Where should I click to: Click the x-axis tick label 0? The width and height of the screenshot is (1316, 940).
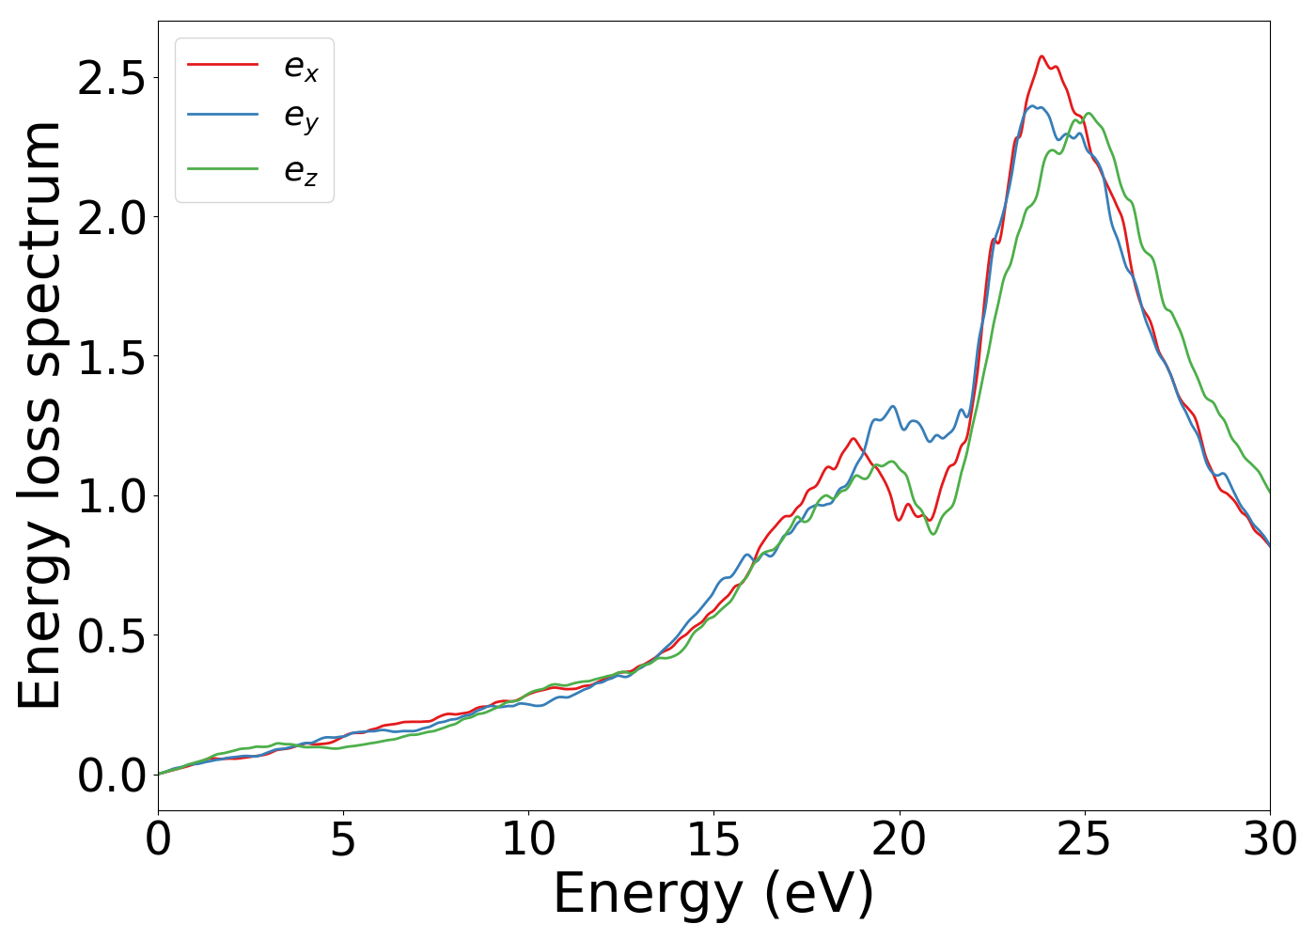click(x=158, y=838)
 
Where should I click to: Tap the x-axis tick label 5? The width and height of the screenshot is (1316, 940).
click(x=343, y=838)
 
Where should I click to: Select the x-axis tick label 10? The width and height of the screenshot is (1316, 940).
click(x=528, y=838)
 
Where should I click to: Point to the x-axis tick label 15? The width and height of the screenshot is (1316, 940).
click(x=713, y=838)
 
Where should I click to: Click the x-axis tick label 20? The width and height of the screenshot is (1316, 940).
click(x=900, y=838)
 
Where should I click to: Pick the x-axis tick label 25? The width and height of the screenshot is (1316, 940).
click(x=1085, y=838)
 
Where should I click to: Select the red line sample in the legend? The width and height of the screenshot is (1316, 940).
click(x=223, y=64)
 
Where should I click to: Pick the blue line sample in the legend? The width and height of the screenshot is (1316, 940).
click(x=223, y=115)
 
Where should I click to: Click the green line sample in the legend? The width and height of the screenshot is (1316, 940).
click(x=223, y=169)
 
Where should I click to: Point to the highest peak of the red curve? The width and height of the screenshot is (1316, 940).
click(x=1042, y=56)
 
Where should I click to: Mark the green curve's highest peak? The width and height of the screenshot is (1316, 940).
click(x=1089, y=114)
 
